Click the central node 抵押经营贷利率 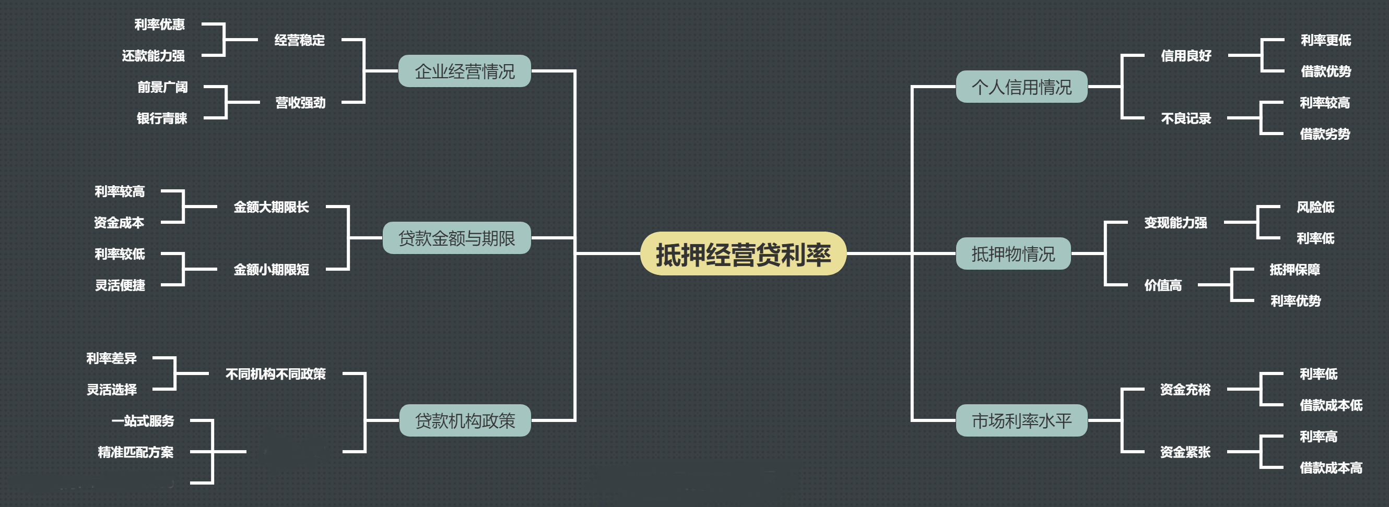click(743, 255)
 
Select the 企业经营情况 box click(464, 71)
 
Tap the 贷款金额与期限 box click(456, 238)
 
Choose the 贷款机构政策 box click(464, 420)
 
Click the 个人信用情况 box click(1021, 87)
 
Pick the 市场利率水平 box click(1021, 420)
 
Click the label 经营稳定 click(299, 40)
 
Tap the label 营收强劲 click(300, 103)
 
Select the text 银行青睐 click(162, 118)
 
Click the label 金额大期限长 click(271, 207)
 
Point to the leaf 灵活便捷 click(120, 285)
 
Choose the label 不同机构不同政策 click(276, 374)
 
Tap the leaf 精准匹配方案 click(135, 452)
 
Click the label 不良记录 click(1186, 118)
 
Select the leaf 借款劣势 click(1324, 134)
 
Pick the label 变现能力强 click(1175, 223)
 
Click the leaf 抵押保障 click(1294, 269)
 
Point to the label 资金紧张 click(1185, 452)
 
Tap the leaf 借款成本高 click(1331, 468)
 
